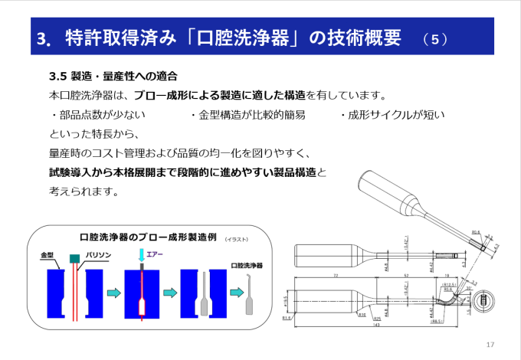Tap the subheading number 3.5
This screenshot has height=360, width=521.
57,77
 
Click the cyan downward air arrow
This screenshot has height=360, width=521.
141,255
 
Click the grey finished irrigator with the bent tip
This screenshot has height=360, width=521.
247,295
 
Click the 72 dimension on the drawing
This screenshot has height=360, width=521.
336,274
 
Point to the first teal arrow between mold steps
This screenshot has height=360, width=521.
113,292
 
